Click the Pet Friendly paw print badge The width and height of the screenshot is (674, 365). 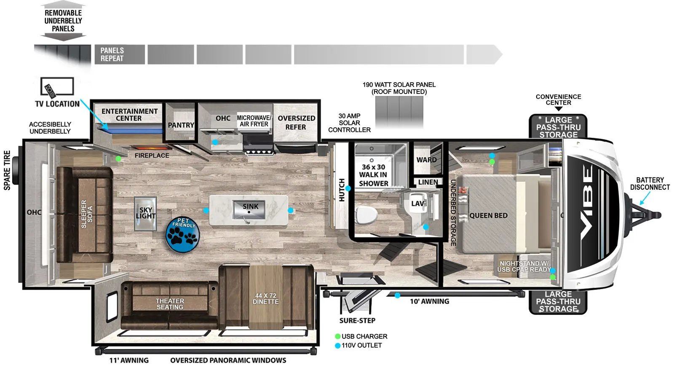tap(183, 235)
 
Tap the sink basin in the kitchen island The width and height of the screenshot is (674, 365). tap(250, 210)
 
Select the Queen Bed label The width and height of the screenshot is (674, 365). tap(488, 216)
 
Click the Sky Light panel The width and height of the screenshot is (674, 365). tap(145, 213)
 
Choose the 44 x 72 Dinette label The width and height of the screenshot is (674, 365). tap(265, 299)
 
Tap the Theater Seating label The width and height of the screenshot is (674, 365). tap(170, 304)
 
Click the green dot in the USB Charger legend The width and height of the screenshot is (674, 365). tap(337, 336)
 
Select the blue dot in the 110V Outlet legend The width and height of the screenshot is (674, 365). tap(337, 346)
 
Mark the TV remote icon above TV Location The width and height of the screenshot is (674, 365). tap(50, 91)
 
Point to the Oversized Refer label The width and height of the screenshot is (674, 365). tap(296, 123)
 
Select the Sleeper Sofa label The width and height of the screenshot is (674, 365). tap(86, 214)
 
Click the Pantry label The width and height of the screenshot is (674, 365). tap(181, 125)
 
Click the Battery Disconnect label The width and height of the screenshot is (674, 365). tap(650, 184)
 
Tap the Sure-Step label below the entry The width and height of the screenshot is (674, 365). tap(357, 321)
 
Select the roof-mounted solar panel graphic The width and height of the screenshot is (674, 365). tap(399, 112)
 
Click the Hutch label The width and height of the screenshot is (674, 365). tap(342, 190)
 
